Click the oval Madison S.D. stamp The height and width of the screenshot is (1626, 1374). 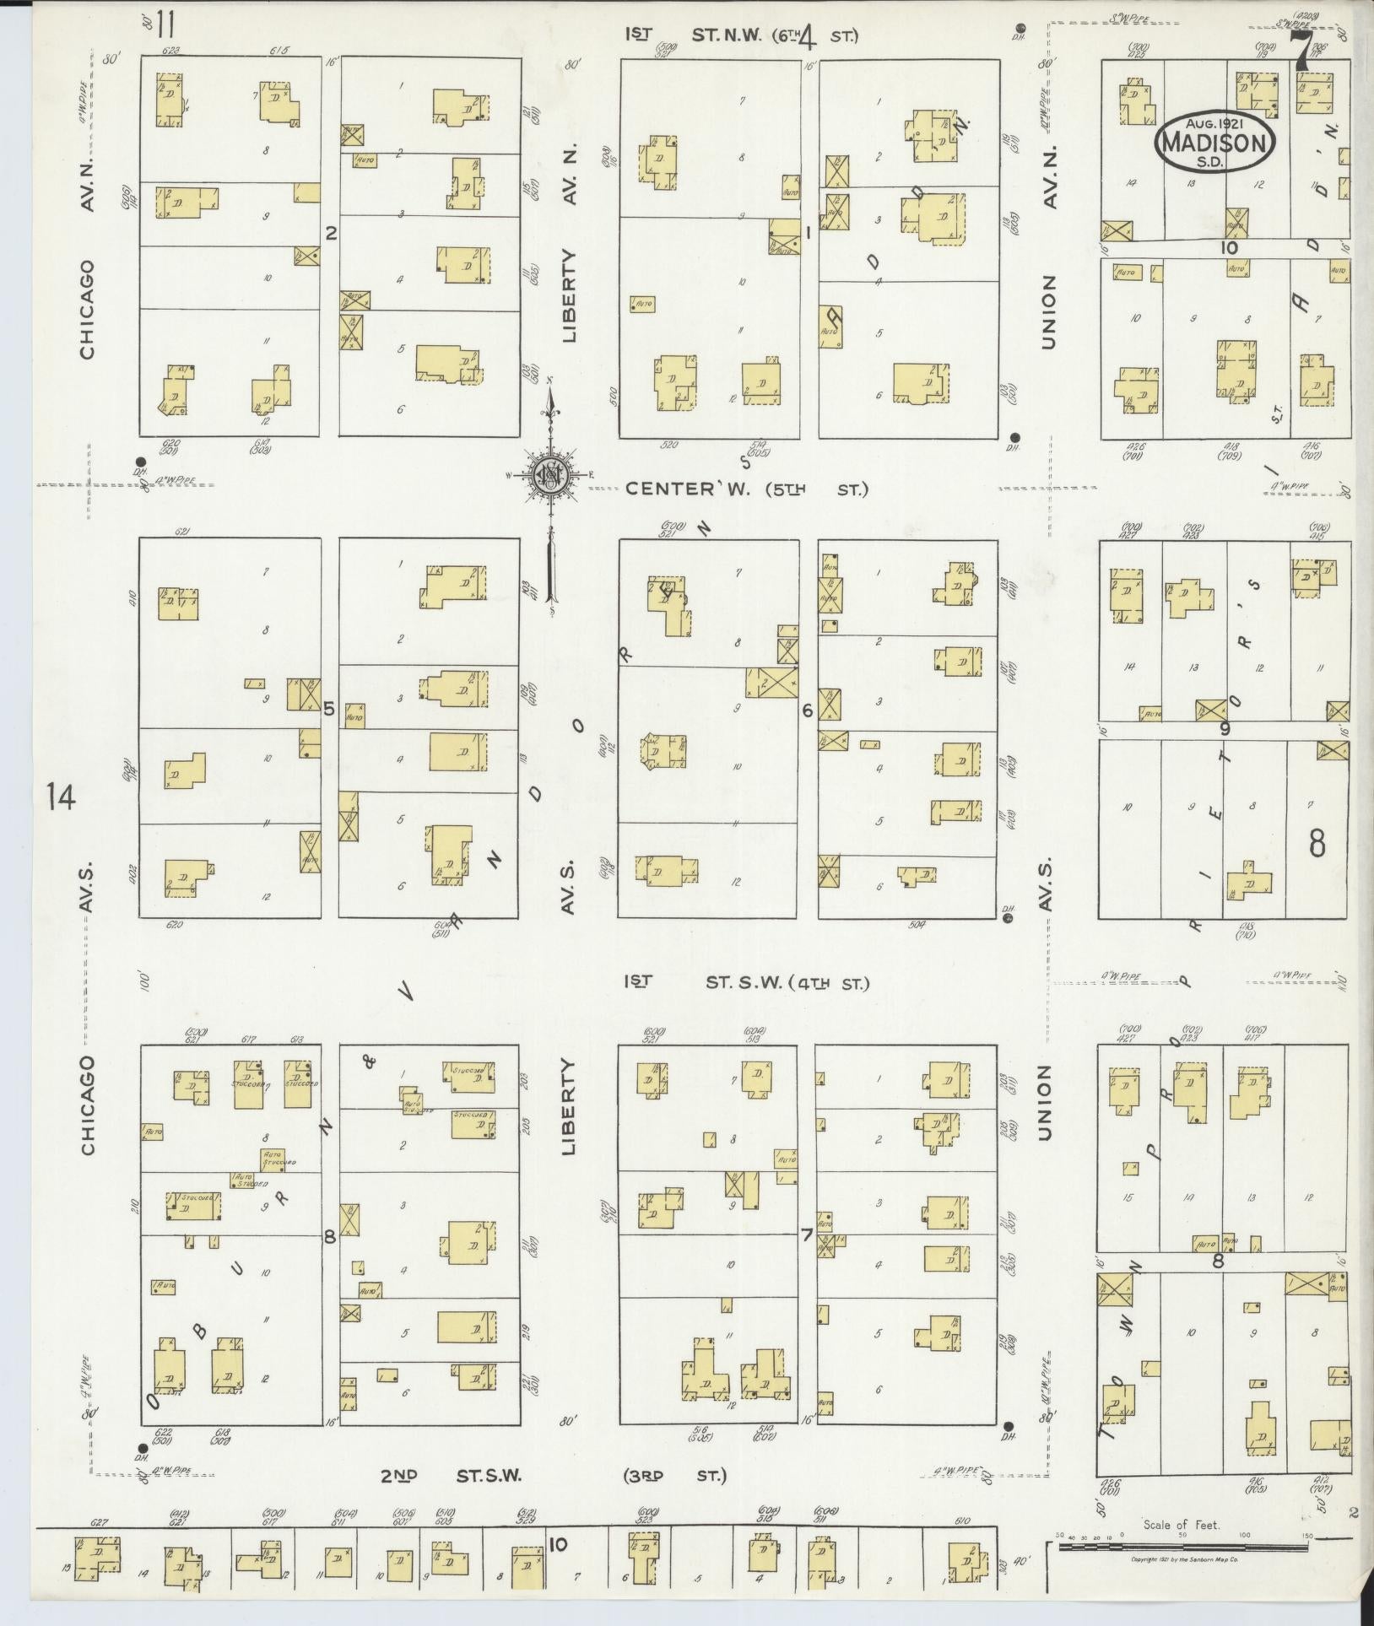coord(1215,143)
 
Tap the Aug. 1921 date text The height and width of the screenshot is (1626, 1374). coord(1215,123)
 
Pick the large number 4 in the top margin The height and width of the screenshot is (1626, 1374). coord(808,37)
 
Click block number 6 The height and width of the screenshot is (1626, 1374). coord(807,711)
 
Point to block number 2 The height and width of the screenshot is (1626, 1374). coord(331,233)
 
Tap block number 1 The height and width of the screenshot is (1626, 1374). coord(807,233)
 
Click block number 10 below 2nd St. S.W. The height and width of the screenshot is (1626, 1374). coord(557,1545)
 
